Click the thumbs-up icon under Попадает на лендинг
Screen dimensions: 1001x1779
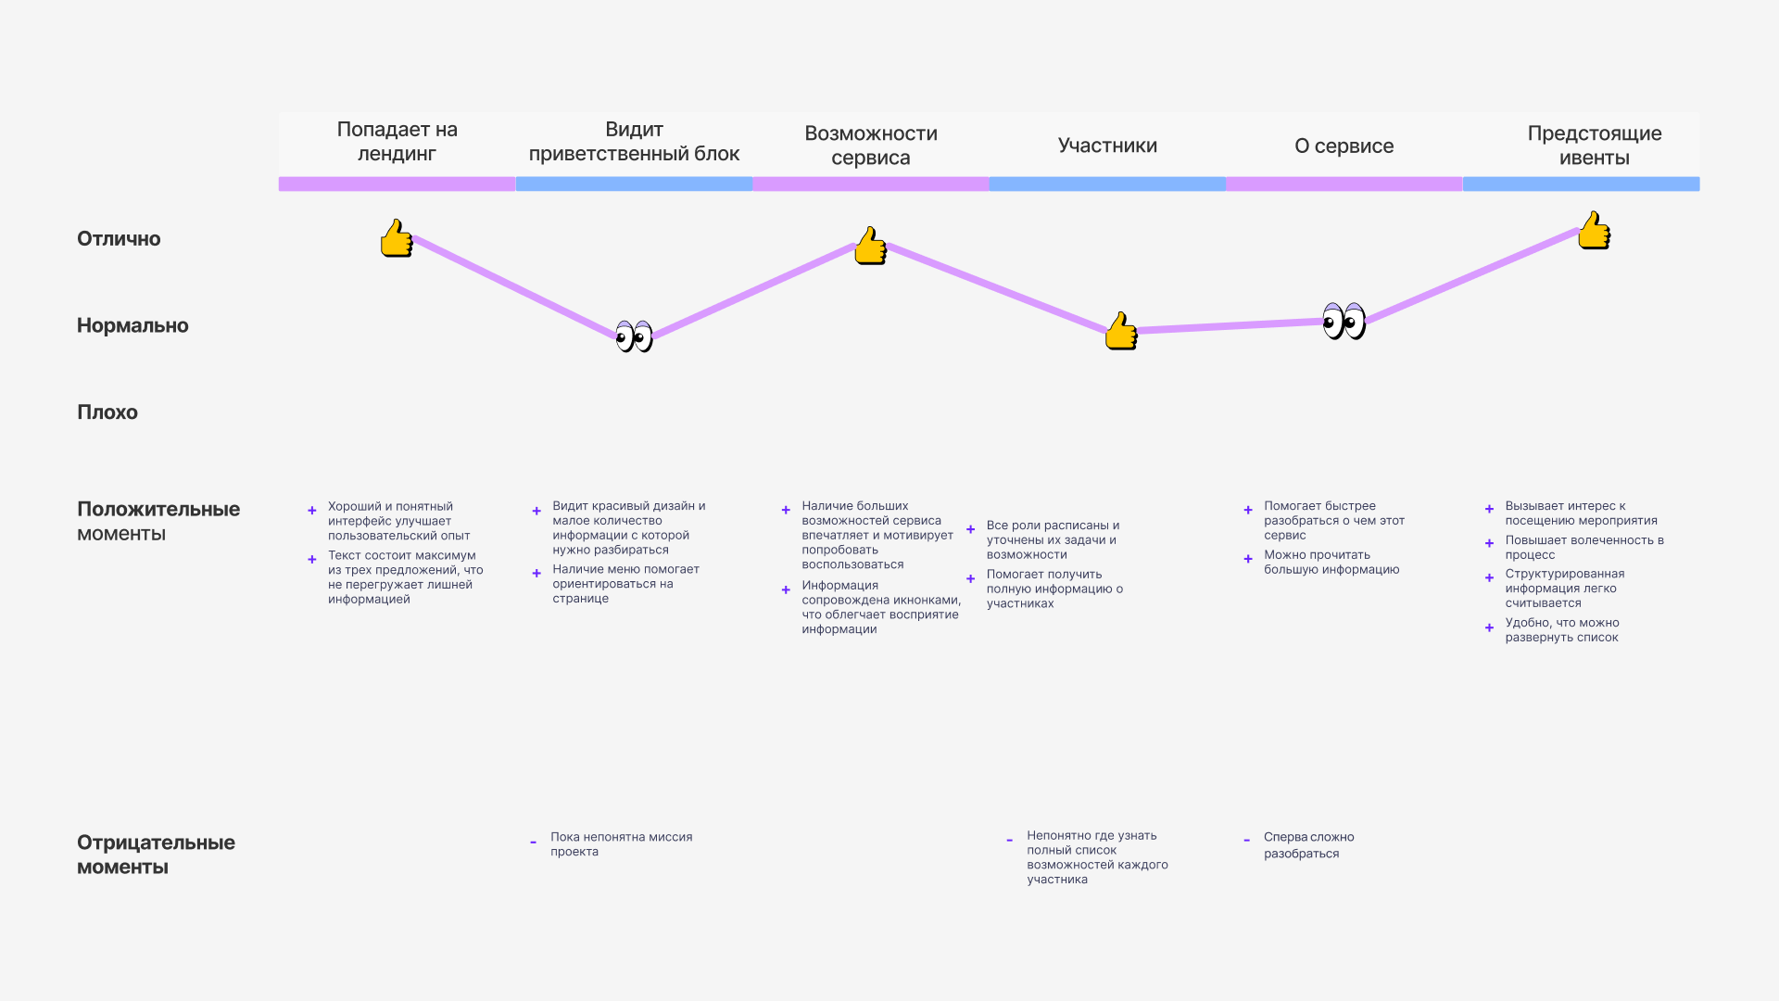click(x=397, y=238)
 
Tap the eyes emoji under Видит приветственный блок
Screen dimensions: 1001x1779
click(x=635, y=336)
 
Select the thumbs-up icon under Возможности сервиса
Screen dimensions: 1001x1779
click(x=870, y=246)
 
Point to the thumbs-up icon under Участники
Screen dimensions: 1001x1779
click(x=1121, y=331)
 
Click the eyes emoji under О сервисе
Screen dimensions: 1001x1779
click(x=1344, y=322)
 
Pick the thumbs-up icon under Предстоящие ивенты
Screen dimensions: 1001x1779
click(x=1594, y=230)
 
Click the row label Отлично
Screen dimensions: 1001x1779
click(x=119, y=239)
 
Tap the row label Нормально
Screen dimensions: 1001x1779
click(x=132, y=325)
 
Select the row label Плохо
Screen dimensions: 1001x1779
click(x=107, y=412)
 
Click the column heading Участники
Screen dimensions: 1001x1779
click(x=1107, y=146)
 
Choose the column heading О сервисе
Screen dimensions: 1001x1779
click(x=1344, y=146)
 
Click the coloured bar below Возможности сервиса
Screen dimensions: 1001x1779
click(x=871, y=184)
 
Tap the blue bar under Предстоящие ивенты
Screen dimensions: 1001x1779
click(x=1581, y=184)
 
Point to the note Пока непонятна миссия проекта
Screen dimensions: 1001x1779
click(x=621, y=844)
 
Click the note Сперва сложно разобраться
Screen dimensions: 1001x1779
click(x=1308, y=844)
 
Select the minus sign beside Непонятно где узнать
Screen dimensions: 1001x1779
click(x=1009, y=841)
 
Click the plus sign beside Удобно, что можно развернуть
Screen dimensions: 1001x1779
click(x=1489, y=627)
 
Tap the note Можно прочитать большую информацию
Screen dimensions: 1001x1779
click(x=1331, y=562)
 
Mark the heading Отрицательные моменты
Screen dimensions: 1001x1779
click(x=156, y=855)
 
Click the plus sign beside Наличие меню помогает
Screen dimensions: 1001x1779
click(x=536, y=574)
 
